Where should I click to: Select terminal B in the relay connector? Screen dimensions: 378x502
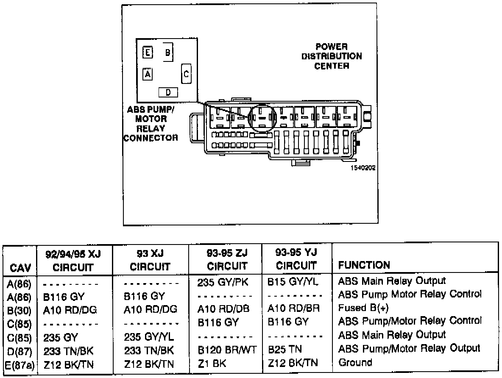(x=167, y=53)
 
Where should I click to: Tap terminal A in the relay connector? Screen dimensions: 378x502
(x=148, y=74)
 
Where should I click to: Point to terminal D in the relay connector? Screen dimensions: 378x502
(x=168, y=92)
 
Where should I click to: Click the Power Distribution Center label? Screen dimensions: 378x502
(x=332, y=56)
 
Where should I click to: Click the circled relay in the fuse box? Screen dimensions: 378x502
(x=262, y=118)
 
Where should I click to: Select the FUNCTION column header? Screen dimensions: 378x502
(x=364, y=266)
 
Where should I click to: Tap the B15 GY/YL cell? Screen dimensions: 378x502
(x=293, y=281)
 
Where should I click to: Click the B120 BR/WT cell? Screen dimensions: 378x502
(x=227, y=349)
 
